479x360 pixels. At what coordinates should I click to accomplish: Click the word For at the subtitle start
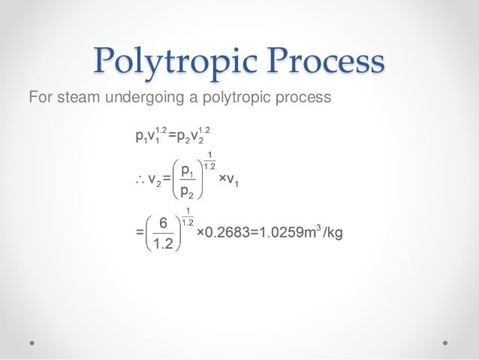(39, 98)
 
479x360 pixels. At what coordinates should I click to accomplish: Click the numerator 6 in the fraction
(162, 222)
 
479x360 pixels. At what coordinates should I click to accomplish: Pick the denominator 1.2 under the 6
(161, 244)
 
